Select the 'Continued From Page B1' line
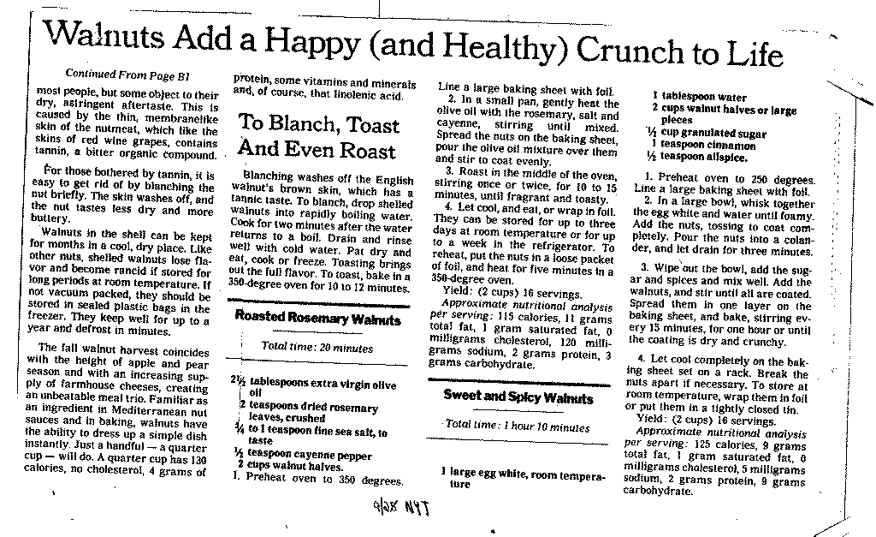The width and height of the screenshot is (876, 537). pos(127,75)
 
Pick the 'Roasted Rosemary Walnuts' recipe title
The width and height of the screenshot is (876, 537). pos(317,319)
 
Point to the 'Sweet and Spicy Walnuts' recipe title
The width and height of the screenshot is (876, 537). pos(518,397)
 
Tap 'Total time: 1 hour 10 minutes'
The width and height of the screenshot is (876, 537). pos(518,425)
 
